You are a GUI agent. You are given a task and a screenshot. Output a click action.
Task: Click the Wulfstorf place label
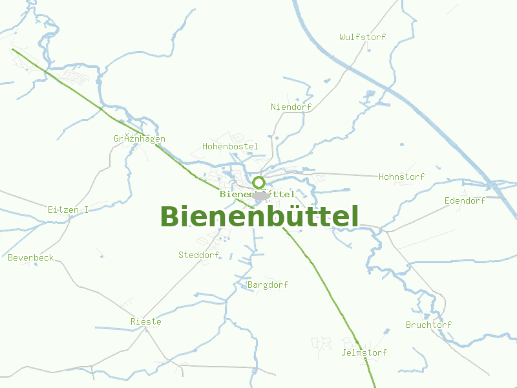(x=363, y=37)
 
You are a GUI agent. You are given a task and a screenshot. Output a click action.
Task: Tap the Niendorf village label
(x=291, y=107)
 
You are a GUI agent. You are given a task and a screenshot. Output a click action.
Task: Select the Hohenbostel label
(x=230, y=147)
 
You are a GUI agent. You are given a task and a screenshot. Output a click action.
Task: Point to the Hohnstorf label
(x=401, y=177)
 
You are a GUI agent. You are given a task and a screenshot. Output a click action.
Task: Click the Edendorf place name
(x=465, y=200)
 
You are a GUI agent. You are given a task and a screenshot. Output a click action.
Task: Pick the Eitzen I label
(x=68, y=210)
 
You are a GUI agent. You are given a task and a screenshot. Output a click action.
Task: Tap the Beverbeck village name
(x=31, y=257)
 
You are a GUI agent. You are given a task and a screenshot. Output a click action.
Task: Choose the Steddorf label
(x=199, y=255)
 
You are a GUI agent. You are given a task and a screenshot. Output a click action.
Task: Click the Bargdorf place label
(x=268, y=285)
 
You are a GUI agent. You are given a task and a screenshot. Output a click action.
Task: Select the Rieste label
(x=146, y=321)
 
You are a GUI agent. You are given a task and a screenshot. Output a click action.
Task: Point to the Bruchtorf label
(x=428, y=325)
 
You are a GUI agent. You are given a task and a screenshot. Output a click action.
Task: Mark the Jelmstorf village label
(x=364, y=352)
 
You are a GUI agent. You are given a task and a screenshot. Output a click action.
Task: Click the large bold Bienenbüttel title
(x=259, y=217)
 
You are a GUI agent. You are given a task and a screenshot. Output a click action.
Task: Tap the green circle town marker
(x=258, y=182)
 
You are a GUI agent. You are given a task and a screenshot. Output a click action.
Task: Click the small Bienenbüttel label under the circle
(x=257, y=194)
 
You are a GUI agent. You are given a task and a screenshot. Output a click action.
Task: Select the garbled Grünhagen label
(x=140, y=138)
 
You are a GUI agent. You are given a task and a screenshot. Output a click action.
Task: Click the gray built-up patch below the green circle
(x=261, y=195)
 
